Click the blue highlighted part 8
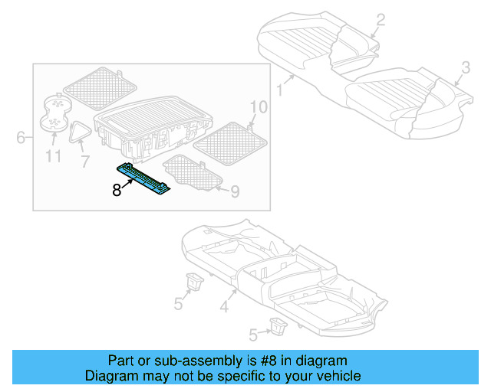click(144, 178)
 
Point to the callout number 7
click(84, 162)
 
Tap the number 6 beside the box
click(20, 138)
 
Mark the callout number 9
click(235, 191)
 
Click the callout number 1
click(280, 90)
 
